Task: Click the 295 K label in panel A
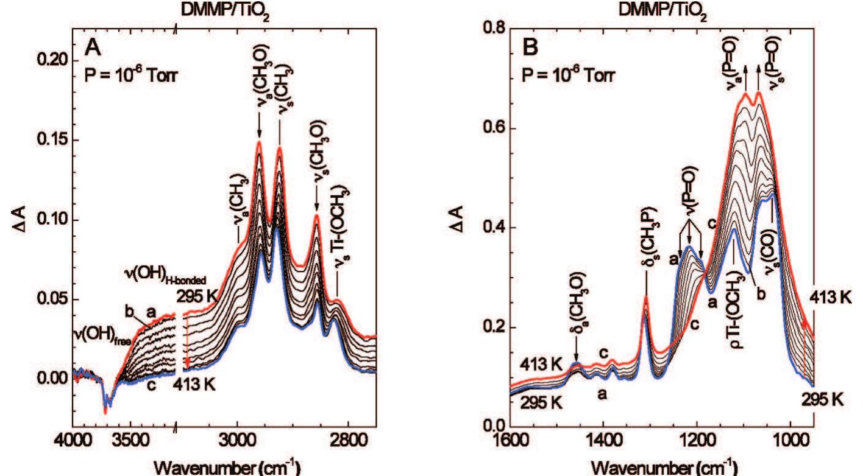[196, 296]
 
